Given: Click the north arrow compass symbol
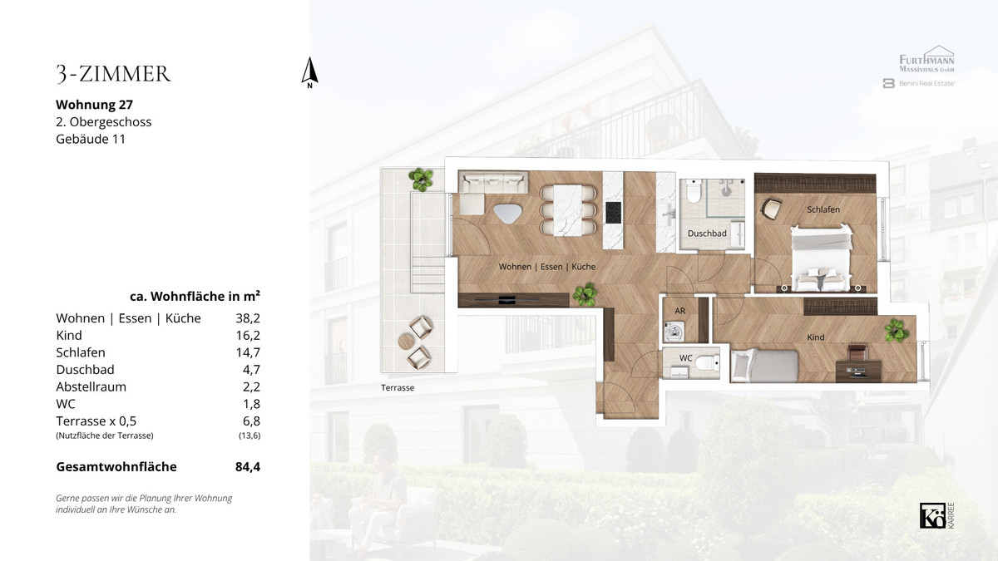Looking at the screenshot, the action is (309, 72).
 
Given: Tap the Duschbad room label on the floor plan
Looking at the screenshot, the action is (707, 234).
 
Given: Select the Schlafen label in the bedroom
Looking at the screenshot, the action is (823, 209).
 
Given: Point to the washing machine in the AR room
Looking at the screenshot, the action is (674, 332).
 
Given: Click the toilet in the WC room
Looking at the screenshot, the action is (707, 363).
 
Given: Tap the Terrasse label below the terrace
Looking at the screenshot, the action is (398, 388).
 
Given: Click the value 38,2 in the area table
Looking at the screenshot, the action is (248, 318).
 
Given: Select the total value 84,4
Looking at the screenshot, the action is (248, 466).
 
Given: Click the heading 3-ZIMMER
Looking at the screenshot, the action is (114, 74).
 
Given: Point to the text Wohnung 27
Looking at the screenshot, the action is (95, 105).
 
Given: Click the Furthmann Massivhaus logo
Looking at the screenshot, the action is (926, 59).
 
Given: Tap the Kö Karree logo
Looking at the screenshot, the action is (937, 515).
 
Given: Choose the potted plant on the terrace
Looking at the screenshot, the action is (421, 180).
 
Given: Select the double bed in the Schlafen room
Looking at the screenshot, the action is (821, 258).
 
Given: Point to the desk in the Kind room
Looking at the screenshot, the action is (858, 371).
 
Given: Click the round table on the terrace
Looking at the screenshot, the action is (407, 342).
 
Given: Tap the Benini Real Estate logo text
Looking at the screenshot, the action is (926, 83).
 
